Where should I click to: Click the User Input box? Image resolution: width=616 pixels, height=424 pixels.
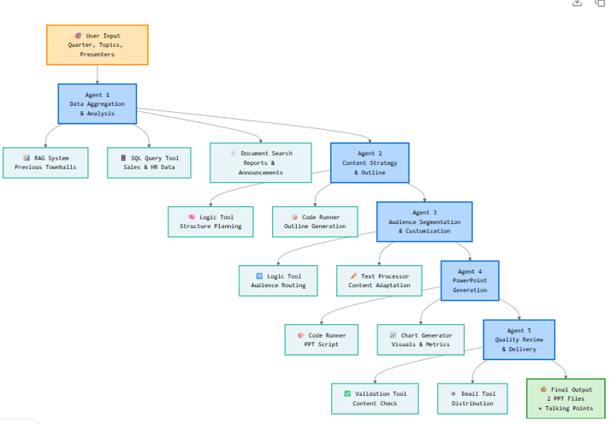pos(97,44)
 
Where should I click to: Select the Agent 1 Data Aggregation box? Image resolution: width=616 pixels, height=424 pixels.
pos(97,103)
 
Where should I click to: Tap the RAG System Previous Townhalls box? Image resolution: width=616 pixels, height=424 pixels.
pos(45,162)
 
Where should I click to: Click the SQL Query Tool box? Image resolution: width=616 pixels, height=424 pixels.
pos(149,162)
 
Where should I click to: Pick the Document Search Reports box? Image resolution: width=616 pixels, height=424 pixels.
pos(261,162)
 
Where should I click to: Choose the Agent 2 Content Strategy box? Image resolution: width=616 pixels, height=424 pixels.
pos(370,162)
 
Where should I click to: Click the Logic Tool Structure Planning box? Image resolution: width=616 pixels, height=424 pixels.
pos(210,221)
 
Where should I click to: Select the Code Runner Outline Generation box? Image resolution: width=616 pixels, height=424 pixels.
pos(315,221)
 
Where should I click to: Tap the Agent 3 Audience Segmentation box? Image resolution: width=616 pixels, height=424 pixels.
pos(423,221)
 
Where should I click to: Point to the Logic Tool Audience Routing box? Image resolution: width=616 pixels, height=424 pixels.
pos(278,280)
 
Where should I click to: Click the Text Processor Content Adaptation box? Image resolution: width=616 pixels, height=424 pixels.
pos(379,280)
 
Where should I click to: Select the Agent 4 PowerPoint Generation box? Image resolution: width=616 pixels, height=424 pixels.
pos(470,280)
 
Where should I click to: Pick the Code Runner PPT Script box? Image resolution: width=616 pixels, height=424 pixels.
pos(323,339)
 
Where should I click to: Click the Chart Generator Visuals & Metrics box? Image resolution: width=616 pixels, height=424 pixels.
pos(420,339)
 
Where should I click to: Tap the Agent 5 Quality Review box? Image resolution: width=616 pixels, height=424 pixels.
pos(518,339)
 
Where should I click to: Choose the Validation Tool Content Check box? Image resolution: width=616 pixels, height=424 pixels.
pos(375,398)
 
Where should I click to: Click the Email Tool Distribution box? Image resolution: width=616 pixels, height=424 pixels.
pos(472,398)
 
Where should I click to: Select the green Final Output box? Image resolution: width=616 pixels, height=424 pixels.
pos(566,398)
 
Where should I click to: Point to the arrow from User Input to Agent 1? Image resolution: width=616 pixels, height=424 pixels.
pos(97,74)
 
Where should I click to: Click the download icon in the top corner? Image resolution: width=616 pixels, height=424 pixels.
pos(577,3)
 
